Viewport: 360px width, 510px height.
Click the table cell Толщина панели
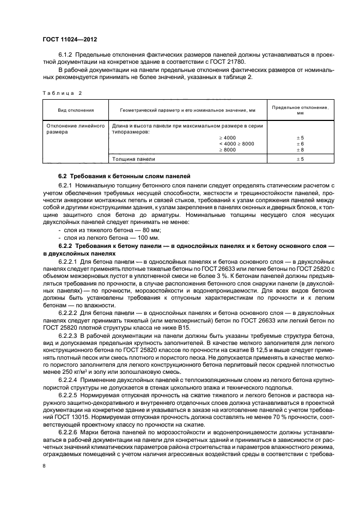[x=133, y=159]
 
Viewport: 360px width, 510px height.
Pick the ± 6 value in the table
[x=300, y=143]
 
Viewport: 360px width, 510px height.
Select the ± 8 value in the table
[x=300, y=149]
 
